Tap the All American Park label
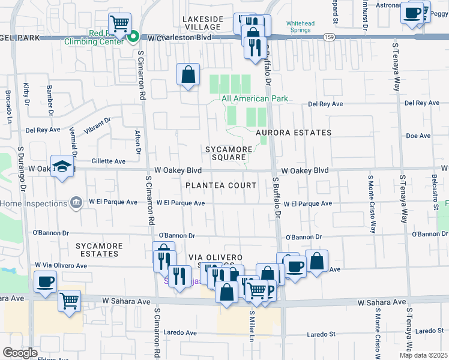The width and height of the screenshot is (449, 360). (x=255, y=98)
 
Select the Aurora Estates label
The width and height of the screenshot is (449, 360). (x=293, y=133)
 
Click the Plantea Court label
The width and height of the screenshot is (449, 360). (x=221, y=185)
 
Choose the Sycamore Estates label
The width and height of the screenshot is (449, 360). (x=100, y=250)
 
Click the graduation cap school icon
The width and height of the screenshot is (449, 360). (x=62, y=166)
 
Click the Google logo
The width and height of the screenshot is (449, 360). (x=20, y=352)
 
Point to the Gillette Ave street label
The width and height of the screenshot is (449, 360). (x=108, y=161)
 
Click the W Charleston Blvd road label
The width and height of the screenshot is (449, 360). (x=180, y=37)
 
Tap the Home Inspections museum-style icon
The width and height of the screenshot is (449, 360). (x=76, y=203)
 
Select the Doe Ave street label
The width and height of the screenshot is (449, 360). (x=418, y=136)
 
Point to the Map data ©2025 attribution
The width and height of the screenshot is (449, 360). (x=423, y=355)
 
